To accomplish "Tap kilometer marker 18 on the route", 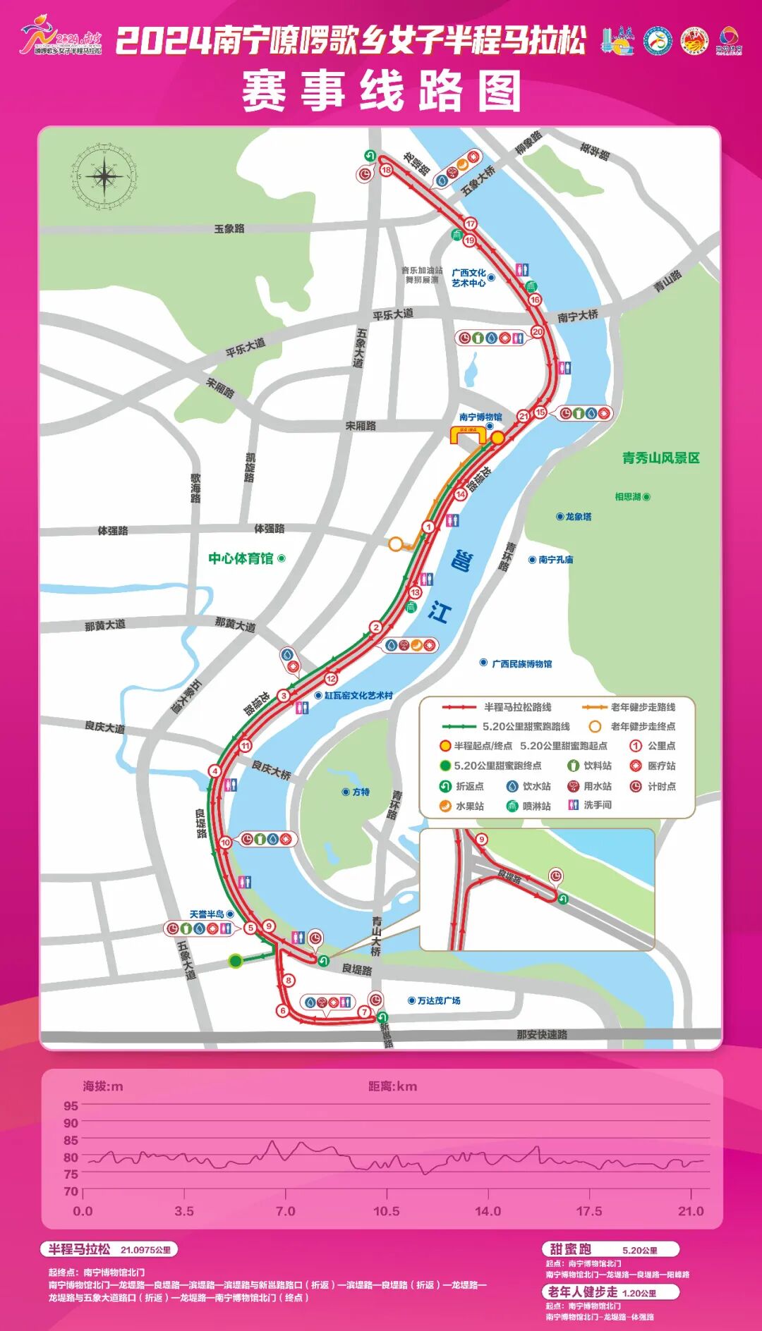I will (x=386, y=170).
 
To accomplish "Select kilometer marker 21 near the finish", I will (x=524, y=416).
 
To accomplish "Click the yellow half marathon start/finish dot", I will (x=497, y=438).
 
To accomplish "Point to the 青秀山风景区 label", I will (x=660, y=458).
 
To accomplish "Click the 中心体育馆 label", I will (x=241, y=558).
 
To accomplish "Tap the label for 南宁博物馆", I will (x=480, y=417).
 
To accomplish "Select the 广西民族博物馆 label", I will (x=521, y=663).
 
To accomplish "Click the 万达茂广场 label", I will (x=438, y=1000).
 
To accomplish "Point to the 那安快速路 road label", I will (x=542, y=1034).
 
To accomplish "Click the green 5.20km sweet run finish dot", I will (x=236, y=960).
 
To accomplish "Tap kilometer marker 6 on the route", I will (x=283, y=1011).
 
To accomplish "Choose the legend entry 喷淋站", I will (x=536, y=806).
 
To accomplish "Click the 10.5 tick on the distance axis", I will (x=386, y=1210).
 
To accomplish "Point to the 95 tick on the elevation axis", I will (x=71, y=1106).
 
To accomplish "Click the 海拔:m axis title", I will (x=103, y=1086).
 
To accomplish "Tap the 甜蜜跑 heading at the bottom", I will (x=570, y=1249).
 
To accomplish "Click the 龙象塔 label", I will (x=579, y=517).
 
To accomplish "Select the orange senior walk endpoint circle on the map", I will (x=396, y=544).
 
